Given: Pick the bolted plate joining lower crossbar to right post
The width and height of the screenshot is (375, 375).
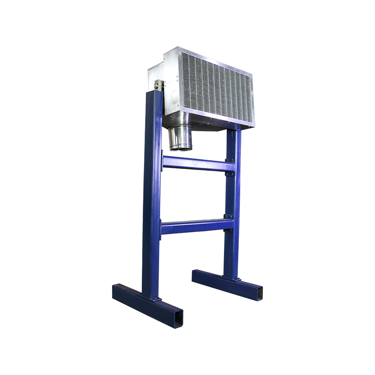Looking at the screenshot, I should point(228,224).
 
